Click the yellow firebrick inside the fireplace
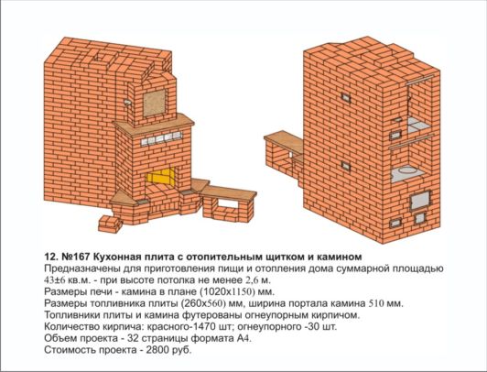[161, 177]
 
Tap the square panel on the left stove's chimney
[155, 103]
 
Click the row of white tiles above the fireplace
[161, 138]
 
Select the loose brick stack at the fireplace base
[109, 224]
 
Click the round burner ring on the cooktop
[406, 170]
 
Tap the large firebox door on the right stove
[420, 200]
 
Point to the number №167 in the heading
[76, 257]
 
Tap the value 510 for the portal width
[376, 303]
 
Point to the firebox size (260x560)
[203, 303]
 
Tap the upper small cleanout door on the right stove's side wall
[345, 98]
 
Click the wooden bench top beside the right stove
[284, 142]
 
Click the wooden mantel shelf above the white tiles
[155, 125]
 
